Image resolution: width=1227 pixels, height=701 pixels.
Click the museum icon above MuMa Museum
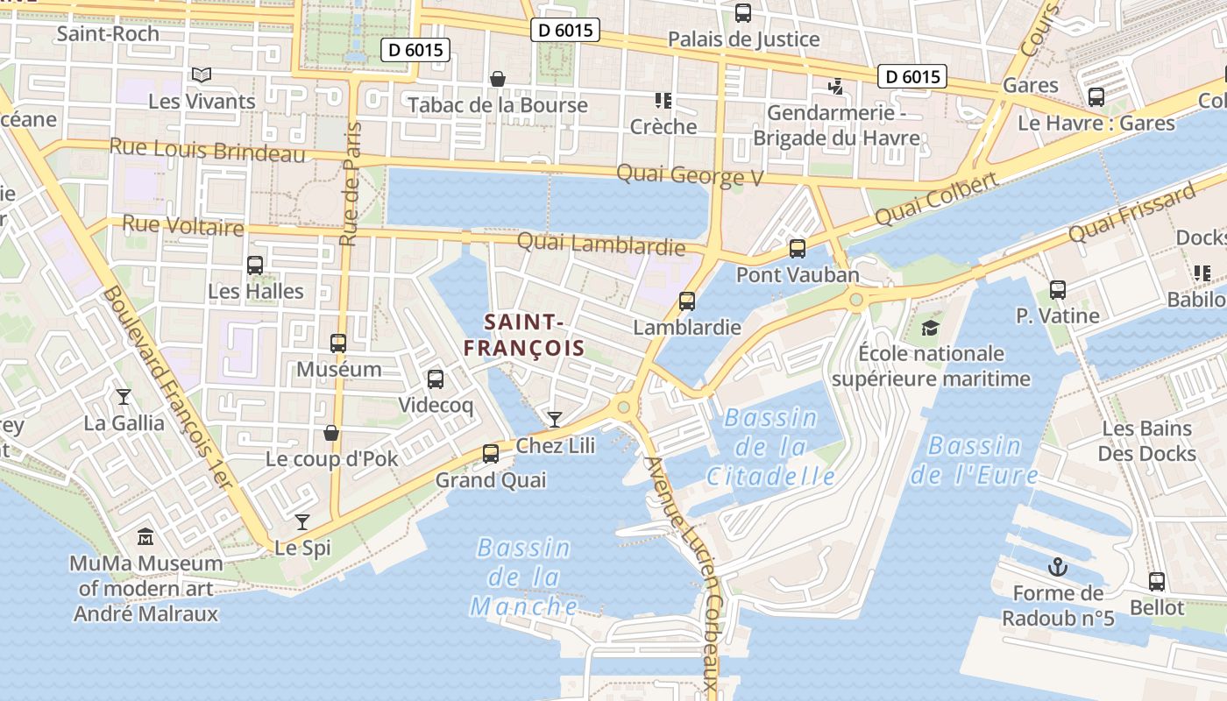coord(145,535)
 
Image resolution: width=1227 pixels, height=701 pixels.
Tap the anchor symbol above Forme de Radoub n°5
coord(1058,567)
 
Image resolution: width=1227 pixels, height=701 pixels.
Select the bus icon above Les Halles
coord(255,265)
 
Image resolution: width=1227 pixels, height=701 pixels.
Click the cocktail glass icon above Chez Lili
coord(554,419)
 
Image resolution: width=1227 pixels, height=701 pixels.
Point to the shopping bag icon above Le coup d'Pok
coord(331,433)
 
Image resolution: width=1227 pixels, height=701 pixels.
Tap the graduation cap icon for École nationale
coord(930,328)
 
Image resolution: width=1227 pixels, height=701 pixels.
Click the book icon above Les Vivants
coord(202,75)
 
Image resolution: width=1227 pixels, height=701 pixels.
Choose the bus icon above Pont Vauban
coord(798,249)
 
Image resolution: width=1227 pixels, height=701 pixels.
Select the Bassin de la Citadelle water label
coord(771,448)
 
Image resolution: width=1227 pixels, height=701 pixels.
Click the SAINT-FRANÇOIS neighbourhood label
coord(524,335)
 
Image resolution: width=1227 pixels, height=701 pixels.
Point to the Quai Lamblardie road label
coord(601,244)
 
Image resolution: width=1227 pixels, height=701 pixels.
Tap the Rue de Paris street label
coord(351,184)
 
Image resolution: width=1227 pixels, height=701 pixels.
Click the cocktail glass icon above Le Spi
coord(302,522)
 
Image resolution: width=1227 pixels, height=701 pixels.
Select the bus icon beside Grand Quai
coord(491,453)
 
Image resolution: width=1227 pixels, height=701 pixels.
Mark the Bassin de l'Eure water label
coord(975,461)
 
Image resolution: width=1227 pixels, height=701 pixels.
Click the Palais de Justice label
coord(744,39)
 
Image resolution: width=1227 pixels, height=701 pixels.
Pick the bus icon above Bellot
coord(1157,581)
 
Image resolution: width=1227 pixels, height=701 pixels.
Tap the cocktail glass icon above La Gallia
coord(124,397)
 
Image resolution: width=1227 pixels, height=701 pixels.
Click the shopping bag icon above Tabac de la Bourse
coord(498,79)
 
